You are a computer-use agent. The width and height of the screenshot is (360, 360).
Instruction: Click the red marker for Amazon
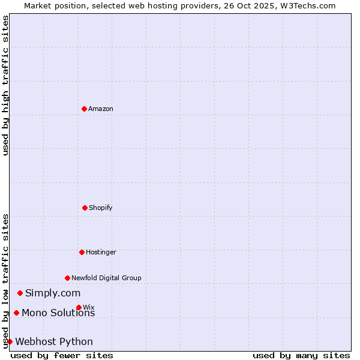84,109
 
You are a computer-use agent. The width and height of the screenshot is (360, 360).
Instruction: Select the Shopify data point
85,208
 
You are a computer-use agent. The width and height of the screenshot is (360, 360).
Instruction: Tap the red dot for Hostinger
82,252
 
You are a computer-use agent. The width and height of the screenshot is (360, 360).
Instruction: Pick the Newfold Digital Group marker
67,278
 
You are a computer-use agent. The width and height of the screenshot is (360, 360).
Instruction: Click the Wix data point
79,307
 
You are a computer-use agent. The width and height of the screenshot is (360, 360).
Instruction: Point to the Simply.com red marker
20,293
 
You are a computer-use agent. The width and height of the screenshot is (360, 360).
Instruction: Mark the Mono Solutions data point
16,313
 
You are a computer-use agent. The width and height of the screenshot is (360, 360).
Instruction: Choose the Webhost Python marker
10,341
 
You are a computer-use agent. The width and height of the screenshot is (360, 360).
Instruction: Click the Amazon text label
101,109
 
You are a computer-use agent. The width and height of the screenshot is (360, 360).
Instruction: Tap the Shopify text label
101,208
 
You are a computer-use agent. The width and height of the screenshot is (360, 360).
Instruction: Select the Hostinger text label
101,252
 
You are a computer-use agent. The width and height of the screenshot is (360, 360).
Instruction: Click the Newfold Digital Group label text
106,278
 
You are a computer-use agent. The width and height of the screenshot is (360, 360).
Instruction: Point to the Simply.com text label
53,293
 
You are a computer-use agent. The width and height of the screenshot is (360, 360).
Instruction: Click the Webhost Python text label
54,341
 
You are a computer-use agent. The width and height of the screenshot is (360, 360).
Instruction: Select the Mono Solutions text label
58,313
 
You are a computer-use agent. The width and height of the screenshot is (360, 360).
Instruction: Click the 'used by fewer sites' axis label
62,355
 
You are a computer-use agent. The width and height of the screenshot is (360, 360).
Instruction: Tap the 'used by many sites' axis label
301,355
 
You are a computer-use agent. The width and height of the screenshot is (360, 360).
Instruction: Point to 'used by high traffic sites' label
5,85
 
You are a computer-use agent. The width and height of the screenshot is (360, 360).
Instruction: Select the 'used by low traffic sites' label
5,281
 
